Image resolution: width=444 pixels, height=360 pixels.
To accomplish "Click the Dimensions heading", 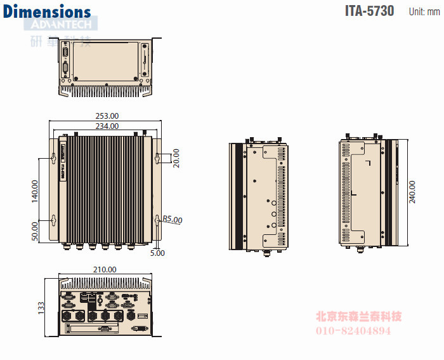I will point(47,11).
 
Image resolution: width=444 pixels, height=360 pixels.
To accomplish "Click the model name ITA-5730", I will point(369,11).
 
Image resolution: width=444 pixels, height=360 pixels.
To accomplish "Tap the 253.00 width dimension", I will point(107,116).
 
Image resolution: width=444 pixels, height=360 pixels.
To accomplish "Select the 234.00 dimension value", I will point(107,126).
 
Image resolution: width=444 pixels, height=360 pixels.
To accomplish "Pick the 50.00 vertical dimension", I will point(35,230).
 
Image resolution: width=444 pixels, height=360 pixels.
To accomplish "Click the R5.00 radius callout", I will point(172,220).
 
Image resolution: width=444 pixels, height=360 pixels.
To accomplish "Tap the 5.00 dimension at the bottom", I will point(157,253).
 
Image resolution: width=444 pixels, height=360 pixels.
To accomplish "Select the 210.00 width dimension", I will point(105,269).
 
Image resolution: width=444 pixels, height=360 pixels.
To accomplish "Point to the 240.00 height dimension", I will point(413,192).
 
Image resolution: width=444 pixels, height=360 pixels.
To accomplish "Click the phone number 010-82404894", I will point(353,331).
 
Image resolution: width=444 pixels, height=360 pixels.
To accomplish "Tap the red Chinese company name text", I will point(358,316).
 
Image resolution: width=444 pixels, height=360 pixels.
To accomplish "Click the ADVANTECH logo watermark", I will point(61,25).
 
